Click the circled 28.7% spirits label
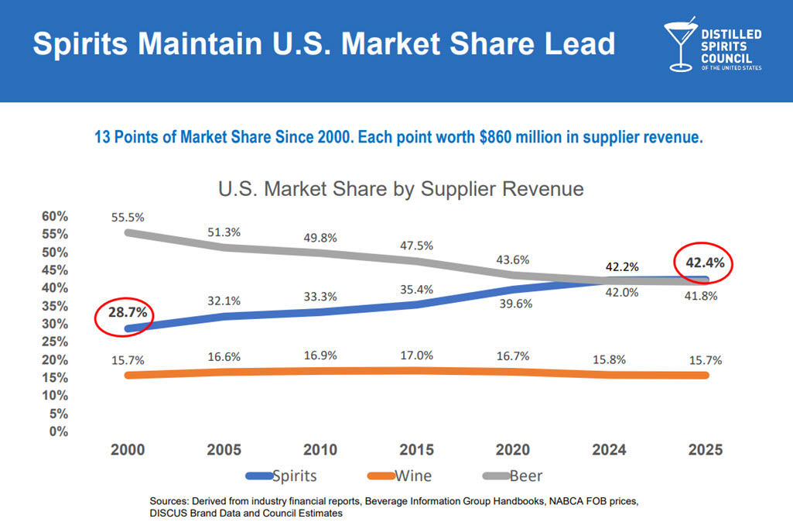tap(125, 314)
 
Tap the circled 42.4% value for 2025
tap(705, 263)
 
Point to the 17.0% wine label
tap(417, 355)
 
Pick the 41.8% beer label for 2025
tap(703, 296)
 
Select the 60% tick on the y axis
tap(56, 216)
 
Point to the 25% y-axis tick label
tap(56, 342)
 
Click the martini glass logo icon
tap(680, 45)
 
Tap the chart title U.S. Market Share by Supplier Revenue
tap(401, 188)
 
